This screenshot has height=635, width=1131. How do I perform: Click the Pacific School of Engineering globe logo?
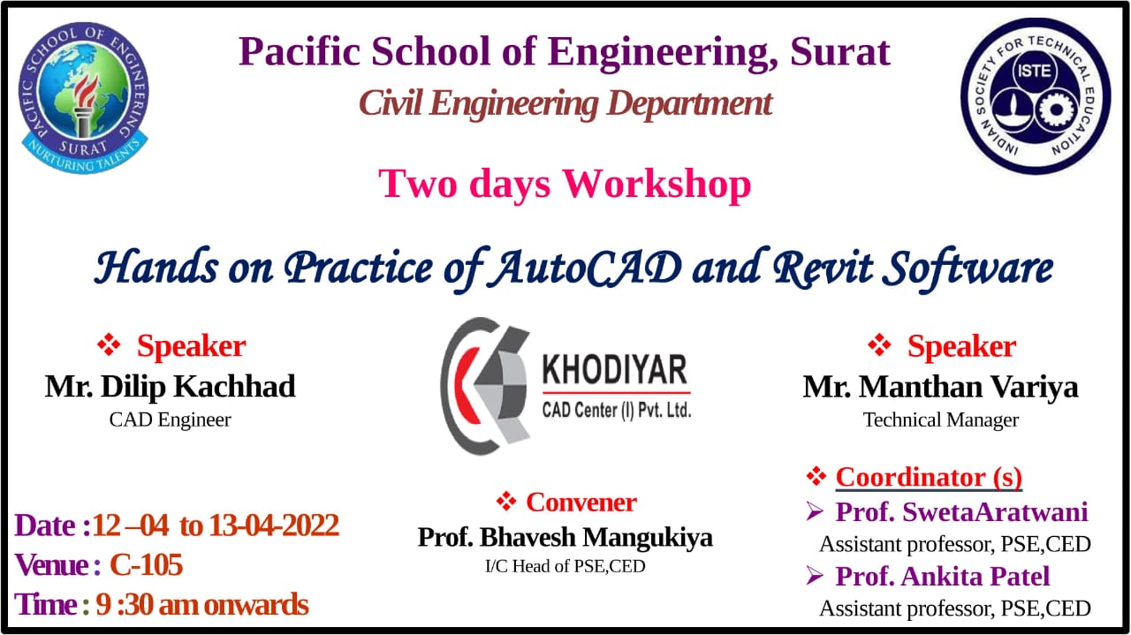tap(84, 98)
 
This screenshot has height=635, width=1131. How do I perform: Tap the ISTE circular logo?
tap(1036, 96)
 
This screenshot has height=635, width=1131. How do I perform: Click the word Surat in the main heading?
tap(840, 51)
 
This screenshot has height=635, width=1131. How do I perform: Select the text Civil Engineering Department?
tap(565, 103)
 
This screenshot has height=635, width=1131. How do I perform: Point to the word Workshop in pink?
tap(657, 184)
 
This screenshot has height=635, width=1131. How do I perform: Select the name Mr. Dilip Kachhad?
tap(171, 387)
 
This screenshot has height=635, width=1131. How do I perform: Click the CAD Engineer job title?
tap(171, 420)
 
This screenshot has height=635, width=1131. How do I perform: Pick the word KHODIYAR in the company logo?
tap(614, 370)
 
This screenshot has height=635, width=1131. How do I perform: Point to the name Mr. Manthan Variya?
tap(941, 387)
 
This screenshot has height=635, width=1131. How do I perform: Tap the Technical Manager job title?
tap(941, 420)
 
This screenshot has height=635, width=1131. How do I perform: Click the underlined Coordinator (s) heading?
tap(929, 477)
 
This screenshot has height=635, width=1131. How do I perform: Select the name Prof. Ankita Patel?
tap(943, 576)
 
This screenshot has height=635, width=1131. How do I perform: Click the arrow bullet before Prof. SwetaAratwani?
tap(815, 511)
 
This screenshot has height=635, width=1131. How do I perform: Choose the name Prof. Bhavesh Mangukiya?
tap(565, 537)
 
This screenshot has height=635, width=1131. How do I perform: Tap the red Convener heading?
tap(581, 503)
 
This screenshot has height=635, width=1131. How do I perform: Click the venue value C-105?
tap(146, 564)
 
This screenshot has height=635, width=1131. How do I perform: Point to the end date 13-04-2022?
tap(274, 525)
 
